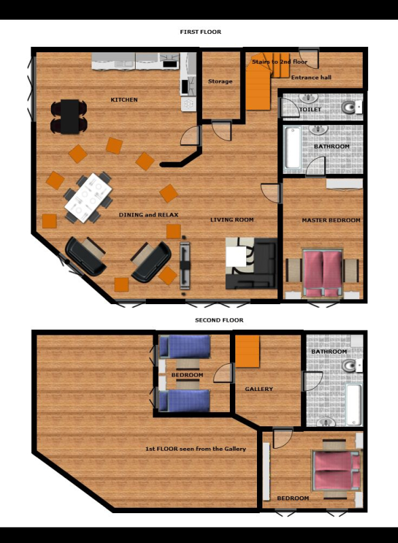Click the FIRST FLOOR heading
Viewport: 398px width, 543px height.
pyautogui.click(x=201, y=32)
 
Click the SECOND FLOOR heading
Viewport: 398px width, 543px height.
pyautogui.click(x=219, y=320)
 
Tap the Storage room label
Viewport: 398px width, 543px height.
pyautogui.click(x=220, y=81)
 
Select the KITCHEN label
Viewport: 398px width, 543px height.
pyautogui.click(x=124, y=100)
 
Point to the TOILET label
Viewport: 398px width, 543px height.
pyautogui.click(x=310, y=109)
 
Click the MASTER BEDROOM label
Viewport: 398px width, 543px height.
pyautogui.click(x=332, y=220)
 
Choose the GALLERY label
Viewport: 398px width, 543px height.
pyautogui.click(x=259, y=389)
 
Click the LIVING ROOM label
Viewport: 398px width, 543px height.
pyautogui.click(x=232, y=220)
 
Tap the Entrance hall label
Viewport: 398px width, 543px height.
pyautogui.click(x=311, y=77)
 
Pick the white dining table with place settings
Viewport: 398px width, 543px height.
pyautogui.click(x=88, y=198)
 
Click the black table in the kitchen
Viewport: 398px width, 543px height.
pyautogui.click(x=70, y=117)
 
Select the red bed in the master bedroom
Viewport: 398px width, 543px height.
pyautogui.click(x=323, y=274)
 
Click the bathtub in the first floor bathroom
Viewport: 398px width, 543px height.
pyautogui.click(x=292, y=147)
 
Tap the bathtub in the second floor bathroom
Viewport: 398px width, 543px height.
pyautogui.click(x=353, y=405)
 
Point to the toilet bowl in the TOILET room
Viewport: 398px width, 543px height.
pyautogui.click(x=350, y=107)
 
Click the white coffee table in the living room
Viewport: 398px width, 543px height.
pyautogui.click(x=236, y=257)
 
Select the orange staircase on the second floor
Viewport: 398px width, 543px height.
pyautogui.click(x=247, y=351)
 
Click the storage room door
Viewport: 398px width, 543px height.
pyautogui.click(x=221, y=130)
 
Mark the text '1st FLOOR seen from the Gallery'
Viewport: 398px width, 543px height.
pyautogui.click(x=196, y=449)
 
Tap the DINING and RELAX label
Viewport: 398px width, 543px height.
pyautogui.click(x=148, y=215)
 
